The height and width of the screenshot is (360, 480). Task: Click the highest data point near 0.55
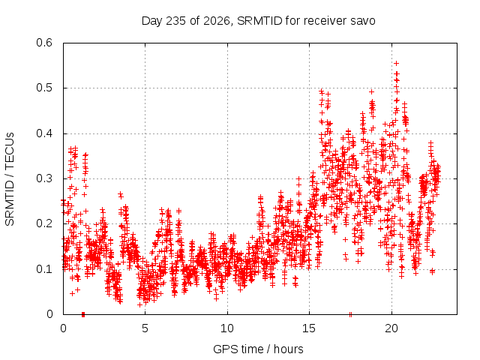pos(397,63)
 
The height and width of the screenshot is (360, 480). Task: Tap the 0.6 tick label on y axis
pos(44,43)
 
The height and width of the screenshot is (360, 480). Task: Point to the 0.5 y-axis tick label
pos(44,88)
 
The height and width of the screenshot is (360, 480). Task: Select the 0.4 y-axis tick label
pos(44,133)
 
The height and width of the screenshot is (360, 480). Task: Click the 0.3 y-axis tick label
pos(44,178)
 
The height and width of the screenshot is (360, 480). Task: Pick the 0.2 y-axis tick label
pos(44,223)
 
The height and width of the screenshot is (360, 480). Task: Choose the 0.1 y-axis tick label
pos(44,269)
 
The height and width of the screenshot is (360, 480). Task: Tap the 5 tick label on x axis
pos(145,328)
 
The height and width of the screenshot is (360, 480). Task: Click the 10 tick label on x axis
pos(226,328)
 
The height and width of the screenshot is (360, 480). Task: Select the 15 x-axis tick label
pos(309,328)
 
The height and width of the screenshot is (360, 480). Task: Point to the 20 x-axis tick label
pos(391,328)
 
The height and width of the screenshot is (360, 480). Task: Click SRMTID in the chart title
pos(259,21)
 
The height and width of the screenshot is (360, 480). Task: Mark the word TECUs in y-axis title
pos(9,151)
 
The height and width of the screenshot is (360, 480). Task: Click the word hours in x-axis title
pos(288,349)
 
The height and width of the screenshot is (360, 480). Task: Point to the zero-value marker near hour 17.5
pos(351,314)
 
